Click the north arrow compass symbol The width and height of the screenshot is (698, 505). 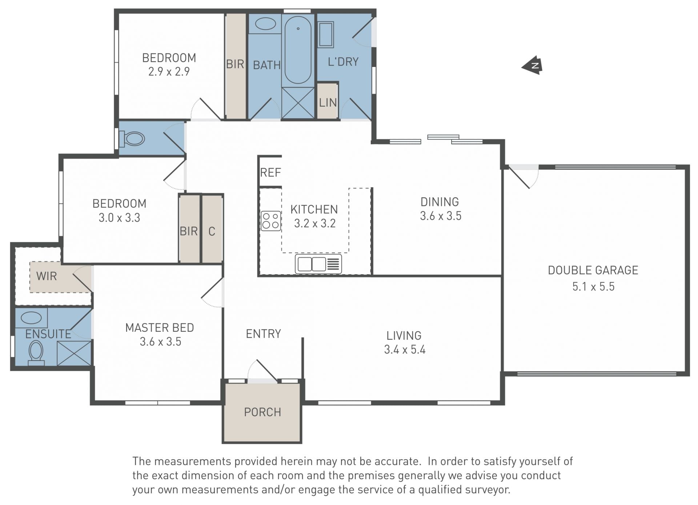tap(533, 65)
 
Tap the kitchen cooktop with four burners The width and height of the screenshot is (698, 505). tap(271, 221)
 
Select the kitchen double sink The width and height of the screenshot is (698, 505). tap(318, 264)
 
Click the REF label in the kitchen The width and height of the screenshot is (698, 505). tap(270, 172)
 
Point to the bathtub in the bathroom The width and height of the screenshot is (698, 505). tap(298, 50)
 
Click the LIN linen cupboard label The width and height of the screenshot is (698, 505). tap(328, 103)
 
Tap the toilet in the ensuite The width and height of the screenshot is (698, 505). tap(36, 352)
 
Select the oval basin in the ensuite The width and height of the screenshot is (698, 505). tap(31, 318)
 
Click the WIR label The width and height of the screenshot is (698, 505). tap(47, 276)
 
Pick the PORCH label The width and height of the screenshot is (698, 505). tap(262, 412)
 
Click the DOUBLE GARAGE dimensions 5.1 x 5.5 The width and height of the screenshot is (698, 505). tap(593, 286)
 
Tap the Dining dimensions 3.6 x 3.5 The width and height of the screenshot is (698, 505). tap(441, 216)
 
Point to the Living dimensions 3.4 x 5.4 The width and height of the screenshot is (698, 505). tap(405, 350)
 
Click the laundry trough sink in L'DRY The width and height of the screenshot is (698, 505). tap(326, 35)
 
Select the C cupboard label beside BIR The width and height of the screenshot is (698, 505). tap(212, 231)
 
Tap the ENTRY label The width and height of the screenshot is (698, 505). tap(264, 334)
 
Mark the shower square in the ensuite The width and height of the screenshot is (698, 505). tap(74, 353)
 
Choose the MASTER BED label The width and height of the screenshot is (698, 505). tap(160, 328)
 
